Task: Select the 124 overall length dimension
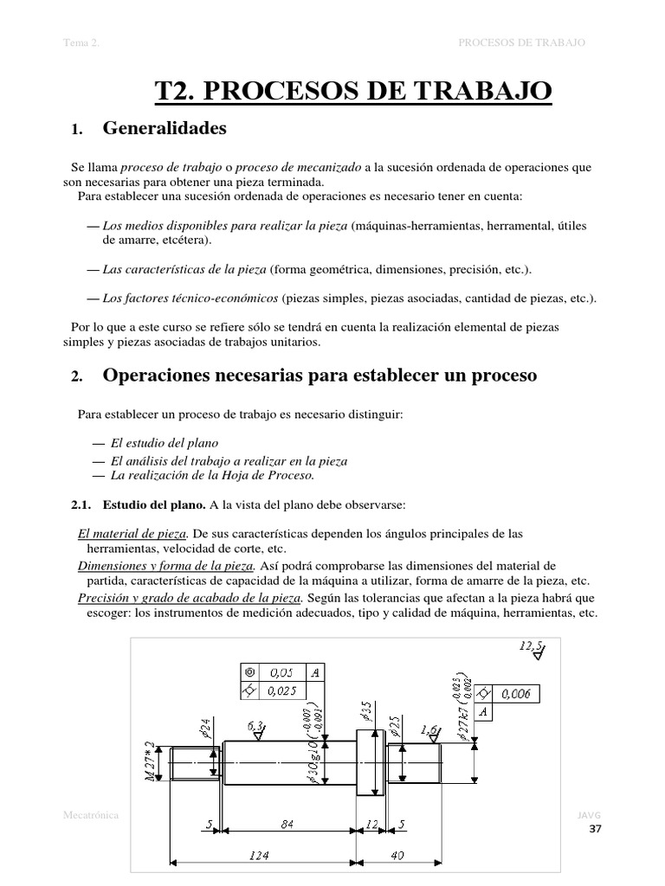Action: pos(259,855)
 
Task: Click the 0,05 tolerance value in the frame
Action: pos(281,671)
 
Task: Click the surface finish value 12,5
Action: pos(531,645)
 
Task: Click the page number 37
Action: pos(594,830)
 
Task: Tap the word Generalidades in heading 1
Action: pos(165,129)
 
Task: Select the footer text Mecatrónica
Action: pos(91,814)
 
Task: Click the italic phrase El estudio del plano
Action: pos(164,442)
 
